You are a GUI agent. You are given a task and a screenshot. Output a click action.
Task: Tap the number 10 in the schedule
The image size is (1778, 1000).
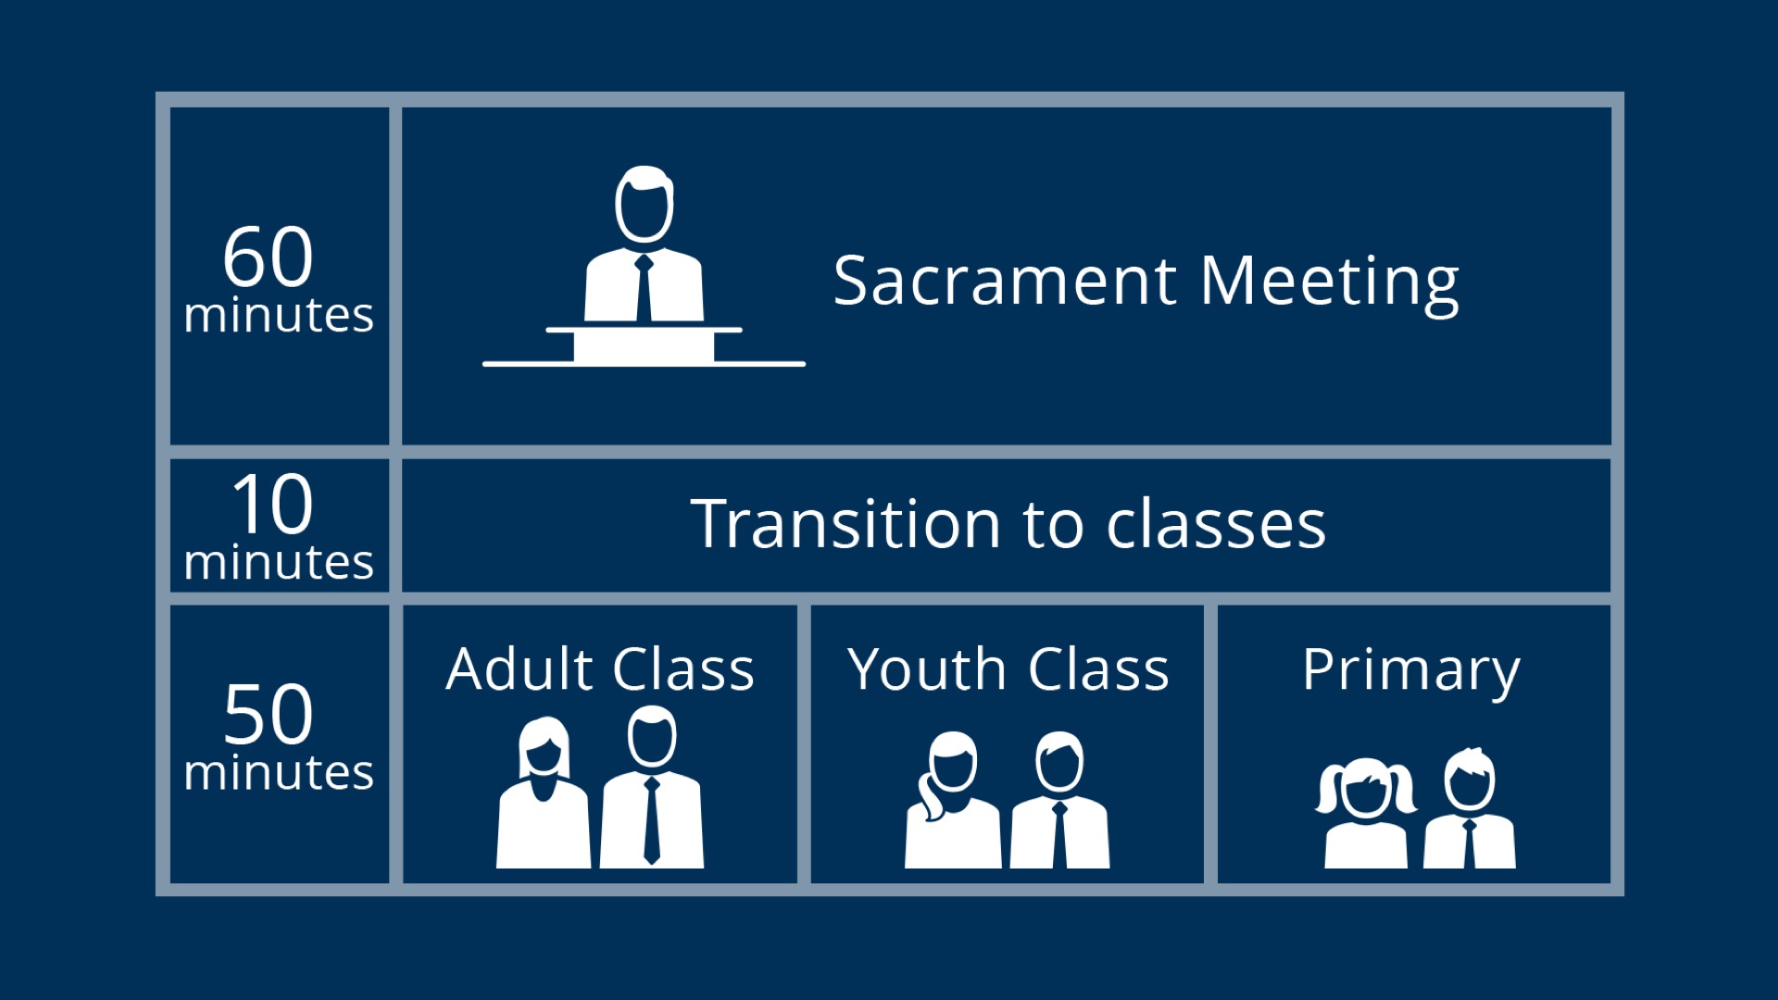(x=272, y=504)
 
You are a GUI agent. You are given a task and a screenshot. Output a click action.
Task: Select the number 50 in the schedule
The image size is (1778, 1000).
(x=269, y=714)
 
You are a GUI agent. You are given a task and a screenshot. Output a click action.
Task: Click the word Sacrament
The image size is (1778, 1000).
(x=1005, y=281)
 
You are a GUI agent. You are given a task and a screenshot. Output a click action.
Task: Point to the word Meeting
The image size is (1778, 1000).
(x=1330, y=283)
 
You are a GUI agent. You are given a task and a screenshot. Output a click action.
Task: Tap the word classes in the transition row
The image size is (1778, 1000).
(x=1216, y=523)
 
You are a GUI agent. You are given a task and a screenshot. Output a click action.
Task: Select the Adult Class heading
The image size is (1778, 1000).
(x=600, y=669)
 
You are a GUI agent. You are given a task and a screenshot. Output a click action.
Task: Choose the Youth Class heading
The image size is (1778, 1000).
(x=1008, y=669)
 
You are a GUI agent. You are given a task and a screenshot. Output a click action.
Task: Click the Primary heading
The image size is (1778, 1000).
(x=1411, y=671)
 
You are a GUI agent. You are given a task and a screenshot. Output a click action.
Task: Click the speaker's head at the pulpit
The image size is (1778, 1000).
(x=645, y=205)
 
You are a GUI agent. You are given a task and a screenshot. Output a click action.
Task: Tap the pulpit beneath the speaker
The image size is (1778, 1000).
(x=644, y=345)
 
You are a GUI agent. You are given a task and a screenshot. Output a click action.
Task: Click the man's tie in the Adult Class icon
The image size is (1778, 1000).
(x=652, y=820)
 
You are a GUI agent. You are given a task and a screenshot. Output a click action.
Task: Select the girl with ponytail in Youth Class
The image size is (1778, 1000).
(x=952, y=800)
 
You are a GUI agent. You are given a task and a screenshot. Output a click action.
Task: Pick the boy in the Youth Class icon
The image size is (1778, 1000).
(x=1059, y=800)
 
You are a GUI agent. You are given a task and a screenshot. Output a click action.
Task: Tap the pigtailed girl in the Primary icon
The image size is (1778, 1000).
(x=1366, y=813)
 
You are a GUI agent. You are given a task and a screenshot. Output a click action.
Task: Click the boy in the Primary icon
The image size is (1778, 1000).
(x=1470, y=808)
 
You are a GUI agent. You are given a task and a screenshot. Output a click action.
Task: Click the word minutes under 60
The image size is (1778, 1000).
(x=279, y=315)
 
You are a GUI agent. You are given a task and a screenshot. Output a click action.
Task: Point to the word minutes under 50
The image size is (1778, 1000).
(x=279, y=772)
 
